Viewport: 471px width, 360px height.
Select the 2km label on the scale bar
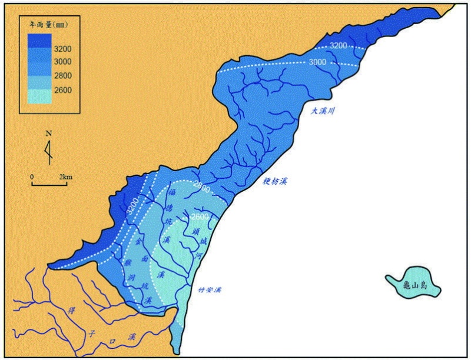[x=65, y=176]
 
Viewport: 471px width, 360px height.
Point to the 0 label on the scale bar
[x=33, y=176]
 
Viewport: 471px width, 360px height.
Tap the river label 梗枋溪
[x=275, y=182]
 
